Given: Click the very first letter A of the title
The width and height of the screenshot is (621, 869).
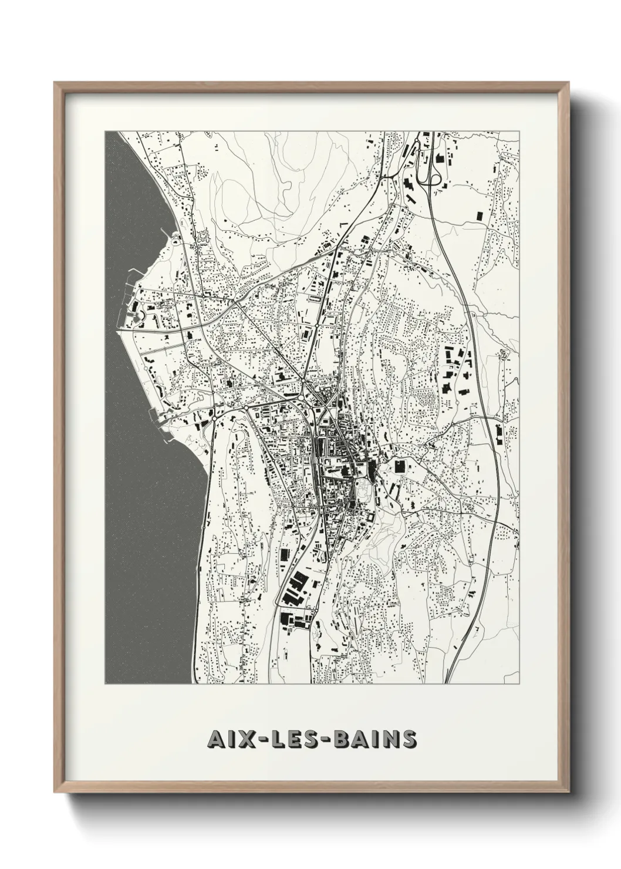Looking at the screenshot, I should [x=215, y=739].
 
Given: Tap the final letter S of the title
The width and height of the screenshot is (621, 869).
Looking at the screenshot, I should [x=407, y=739].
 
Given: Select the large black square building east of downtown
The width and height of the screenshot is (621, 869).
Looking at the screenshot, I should [x=400, y=467].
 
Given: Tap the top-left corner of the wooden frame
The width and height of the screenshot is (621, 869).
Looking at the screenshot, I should [x=55, y=83].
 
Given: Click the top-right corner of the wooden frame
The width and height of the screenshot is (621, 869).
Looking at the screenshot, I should [x=566, y=83].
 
